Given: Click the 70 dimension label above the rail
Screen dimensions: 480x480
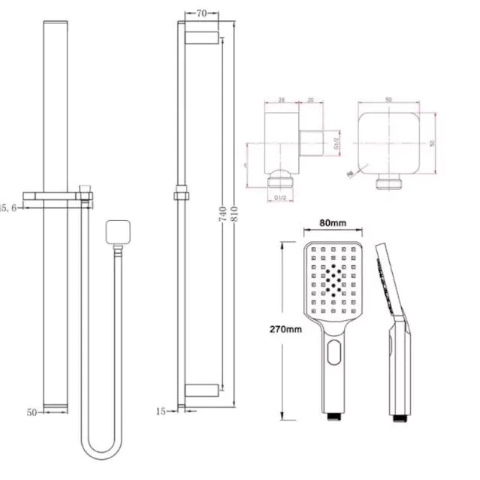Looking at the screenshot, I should point(201,13).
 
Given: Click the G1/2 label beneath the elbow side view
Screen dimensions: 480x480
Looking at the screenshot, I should point(281,198).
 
